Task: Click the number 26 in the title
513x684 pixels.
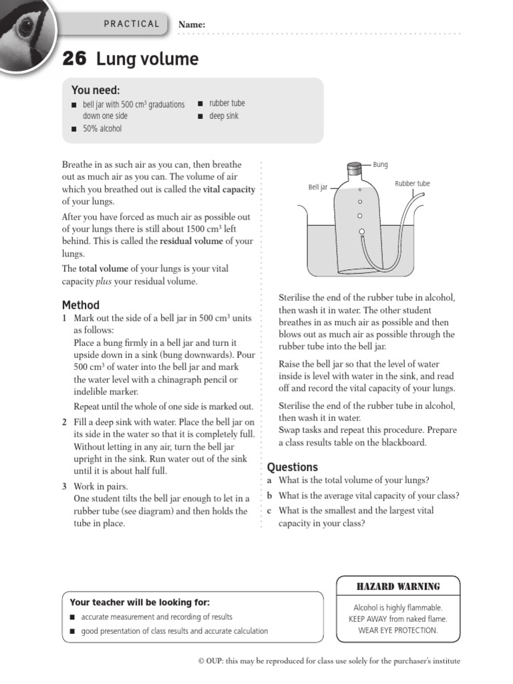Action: pos(74,59)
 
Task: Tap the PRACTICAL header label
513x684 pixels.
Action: pos(132,24)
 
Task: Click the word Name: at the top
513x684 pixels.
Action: pos(192,25)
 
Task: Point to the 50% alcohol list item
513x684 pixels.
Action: pos(102,128)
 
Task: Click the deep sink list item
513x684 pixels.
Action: pos(224,116)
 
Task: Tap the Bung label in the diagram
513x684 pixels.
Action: pos(380,164)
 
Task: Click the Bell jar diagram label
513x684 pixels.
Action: pos(318,188)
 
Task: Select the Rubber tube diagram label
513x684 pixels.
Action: pos(412,184)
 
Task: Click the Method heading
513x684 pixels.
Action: pos(81,305)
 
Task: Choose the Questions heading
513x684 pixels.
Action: pos(293,467)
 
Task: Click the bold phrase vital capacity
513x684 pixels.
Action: pos(230,190)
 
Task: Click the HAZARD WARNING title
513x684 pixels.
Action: pos(398,586)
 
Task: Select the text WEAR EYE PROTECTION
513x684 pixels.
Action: pos(398,630)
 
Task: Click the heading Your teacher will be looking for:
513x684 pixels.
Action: pos(140,602)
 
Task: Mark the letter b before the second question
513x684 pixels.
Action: pos(270,496)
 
